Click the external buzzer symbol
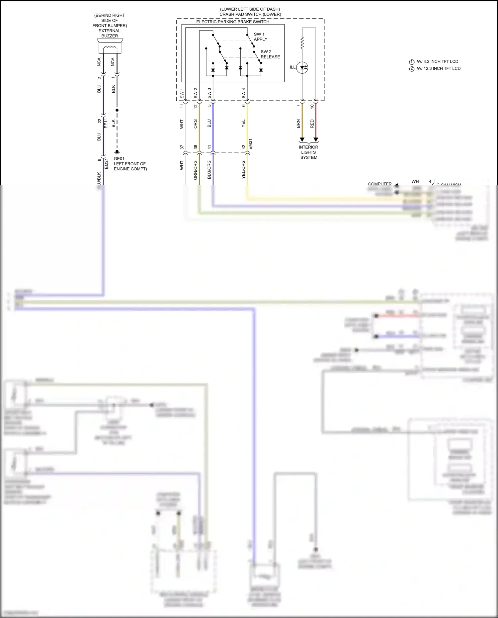click(110, 46)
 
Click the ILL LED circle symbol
click(302, 67)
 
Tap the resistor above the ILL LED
click(302, 43)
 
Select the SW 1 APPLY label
click(260, 37)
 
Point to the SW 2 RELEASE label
click(270, 54)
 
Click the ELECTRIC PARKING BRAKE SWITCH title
click(233, 22)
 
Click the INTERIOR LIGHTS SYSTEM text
click(308, 152)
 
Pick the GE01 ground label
click(119, 159)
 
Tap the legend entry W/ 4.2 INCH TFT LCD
click(437, 61)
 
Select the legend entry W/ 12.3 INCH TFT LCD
click(438, 68)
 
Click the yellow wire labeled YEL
click(247, 126)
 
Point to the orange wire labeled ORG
click(199, 126)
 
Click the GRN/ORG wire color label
click(196, 170)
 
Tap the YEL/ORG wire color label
click(243, 170)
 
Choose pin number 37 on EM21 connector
click(182, 147)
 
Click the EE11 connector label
click(106, 123)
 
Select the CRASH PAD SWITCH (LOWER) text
click(250, 14)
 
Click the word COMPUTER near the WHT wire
click(379, 184)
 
